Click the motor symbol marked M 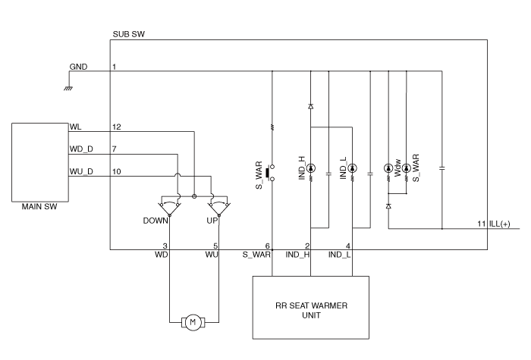tap(193, 322)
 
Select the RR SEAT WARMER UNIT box tap(310, 307)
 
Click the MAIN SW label tap(39, 206)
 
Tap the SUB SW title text tap(129, 34)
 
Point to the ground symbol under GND tap(68, 89)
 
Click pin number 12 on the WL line tap(117, 127)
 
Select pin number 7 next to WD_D tap(115, 149)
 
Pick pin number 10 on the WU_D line tap(117, 171)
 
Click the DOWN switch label tap(156, 221)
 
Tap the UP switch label tap(212, 221)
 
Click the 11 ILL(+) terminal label tap(494, 224)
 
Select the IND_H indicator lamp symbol tap(310, 168)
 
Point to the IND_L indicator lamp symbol tap(352, 168)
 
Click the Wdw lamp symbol tap(388, 168)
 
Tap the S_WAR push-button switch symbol tap(270, 173)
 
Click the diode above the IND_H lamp tap(310, 106)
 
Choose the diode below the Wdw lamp tap(388, 206)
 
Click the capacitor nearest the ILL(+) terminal tap(441, 167)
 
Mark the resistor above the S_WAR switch tap(272, 127)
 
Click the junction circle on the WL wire tap(194, 196)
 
